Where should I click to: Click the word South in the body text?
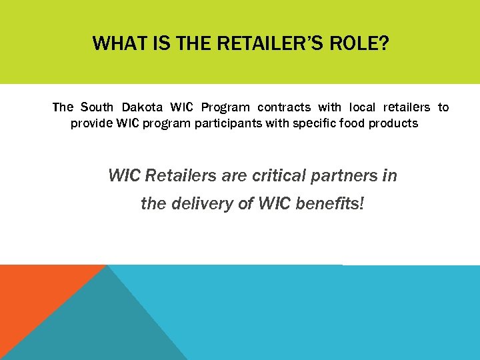97,107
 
